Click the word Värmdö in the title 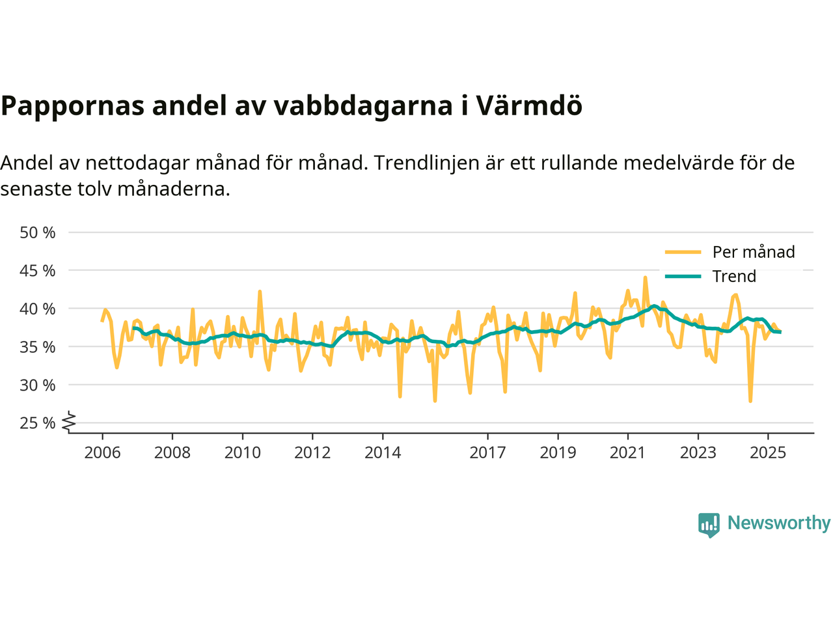click(x=528, y=105)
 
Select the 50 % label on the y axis click(x=38, y=232)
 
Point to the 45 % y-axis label click(x=38, y=270)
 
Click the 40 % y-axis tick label click(x=38, y=309)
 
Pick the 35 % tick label click(x=38, y=347)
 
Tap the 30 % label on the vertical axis click(x=38, y=385)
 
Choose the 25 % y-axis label click(x=38, y=423)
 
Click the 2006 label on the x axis click(x=102, y=452)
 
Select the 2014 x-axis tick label click(x=383, y=452)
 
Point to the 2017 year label click(x=487, y=452)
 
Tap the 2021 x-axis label click(x=627, y=452)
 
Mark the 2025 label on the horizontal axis click(x=768, y=452)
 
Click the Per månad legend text click(x=754, y=252)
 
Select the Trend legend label click(x=734, y=276)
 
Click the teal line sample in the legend click(x=683, y=276)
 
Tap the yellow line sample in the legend click(x=683, y=252)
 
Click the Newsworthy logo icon click(x=709, y=524)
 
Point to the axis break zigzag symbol click(x=69, y=423)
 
